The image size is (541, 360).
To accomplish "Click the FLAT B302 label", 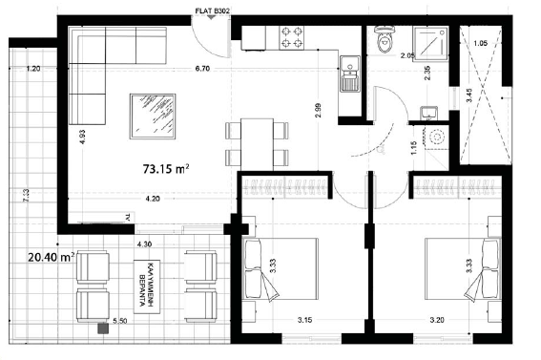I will point(212,11).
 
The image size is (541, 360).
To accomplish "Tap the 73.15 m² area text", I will point(165,168).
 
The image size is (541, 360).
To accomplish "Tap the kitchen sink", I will point(348,73).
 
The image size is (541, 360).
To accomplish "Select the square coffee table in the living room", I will point(153,116).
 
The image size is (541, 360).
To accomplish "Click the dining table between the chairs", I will point(255,143).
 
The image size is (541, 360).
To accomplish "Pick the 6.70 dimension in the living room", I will point(202,69).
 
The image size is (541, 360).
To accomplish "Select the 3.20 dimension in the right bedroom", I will point(438,321).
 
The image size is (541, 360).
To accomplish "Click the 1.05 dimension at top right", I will point(480,44).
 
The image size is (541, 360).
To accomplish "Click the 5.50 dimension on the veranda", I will point(121,321).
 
